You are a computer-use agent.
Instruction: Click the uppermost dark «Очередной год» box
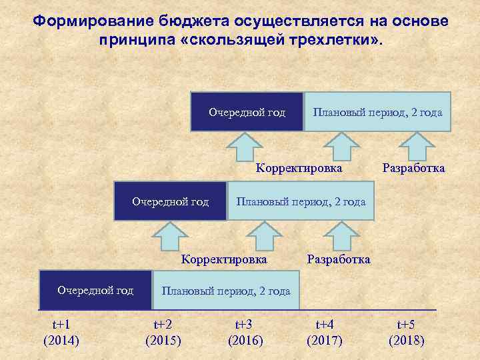(x=247, y=112)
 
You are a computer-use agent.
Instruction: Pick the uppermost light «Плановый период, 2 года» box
(x=377, y=112)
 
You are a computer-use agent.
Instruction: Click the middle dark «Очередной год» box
(x=171, y=201)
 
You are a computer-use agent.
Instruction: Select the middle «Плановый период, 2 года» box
(x=301, y=201)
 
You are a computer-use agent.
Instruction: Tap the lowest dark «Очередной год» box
(x=95, y=290)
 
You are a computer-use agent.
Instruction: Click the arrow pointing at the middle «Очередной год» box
(x=172, y=237)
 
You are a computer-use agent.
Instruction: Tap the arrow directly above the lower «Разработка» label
(x=341, y=237)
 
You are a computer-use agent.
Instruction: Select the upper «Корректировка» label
(x=299, y=168)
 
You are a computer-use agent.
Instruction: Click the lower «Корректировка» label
(x=225, y=259)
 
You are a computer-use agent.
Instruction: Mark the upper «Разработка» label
(x=413, y=168)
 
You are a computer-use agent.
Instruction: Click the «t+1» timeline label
(x=61, y=325)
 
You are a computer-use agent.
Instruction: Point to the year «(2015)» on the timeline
(x=163, y=341)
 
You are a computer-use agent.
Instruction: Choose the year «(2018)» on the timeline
(x=406, y=341)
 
